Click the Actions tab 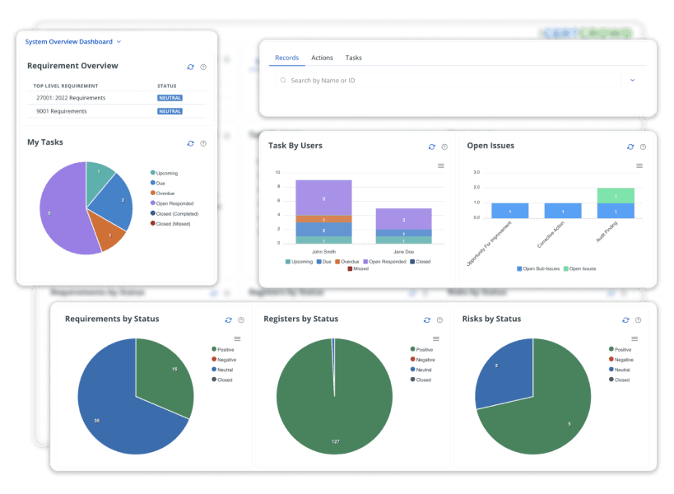point(322,58)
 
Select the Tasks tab point(354,58)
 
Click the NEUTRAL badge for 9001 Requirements point(170,111)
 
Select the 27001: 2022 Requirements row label point(71,98)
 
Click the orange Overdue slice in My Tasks point(108,232)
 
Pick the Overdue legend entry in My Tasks point(165,193)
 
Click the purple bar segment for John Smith point(323,198)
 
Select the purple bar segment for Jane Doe point(403,219)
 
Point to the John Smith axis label point(323,251)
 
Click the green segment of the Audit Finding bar point(616,196)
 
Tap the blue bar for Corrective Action point(563,211)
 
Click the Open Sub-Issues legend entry point(538,268)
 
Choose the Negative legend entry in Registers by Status point(424,360)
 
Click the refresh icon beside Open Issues point(630,147)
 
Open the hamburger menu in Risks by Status point(634,338)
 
